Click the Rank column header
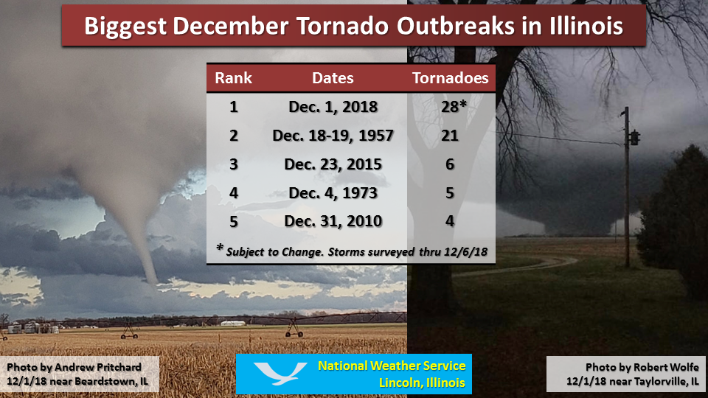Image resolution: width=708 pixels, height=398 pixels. pos(233,78)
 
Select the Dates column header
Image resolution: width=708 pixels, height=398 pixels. pos(333,78)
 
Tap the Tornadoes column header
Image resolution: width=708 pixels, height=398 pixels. pos(450,78)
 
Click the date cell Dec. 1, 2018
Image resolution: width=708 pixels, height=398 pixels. pos(333,106)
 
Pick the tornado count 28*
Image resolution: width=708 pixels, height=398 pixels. pos(454,106)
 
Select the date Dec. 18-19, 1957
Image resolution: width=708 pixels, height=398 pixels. pos(333,136)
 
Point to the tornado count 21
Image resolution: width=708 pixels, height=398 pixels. pos(450,136)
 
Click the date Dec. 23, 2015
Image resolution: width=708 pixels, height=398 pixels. pos(333,164)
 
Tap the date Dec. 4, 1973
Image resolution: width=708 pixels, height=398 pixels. pos(333,193)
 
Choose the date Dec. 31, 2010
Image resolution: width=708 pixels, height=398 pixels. pos(333,221)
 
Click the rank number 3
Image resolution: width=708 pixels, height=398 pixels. pos(234,164)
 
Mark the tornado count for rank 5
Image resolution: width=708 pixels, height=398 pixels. pos(450,221)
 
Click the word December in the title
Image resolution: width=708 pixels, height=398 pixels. pos(230,27)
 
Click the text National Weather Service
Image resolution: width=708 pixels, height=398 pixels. pos(392,366)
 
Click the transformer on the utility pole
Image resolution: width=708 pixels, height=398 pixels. pos(634,138)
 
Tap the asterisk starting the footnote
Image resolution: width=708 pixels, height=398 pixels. pos(220,248)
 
